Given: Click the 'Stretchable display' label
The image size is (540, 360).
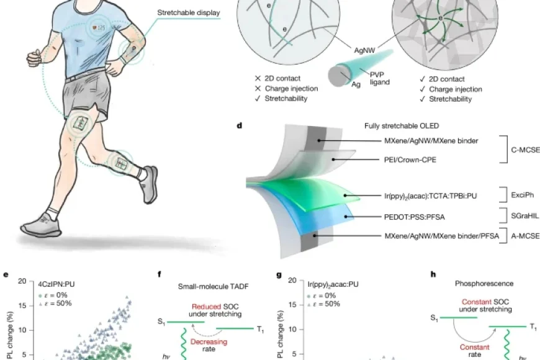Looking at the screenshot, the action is coord(189,13).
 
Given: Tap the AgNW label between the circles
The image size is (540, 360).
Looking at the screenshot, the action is coord(364,50).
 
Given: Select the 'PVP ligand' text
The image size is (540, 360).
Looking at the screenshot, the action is coord(380,78).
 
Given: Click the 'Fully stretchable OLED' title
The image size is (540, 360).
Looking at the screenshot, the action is coord(402,126).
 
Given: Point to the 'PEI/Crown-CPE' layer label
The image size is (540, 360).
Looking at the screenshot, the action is coord(410,160).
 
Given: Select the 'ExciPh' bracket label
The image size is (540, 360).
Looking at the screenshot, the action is coord(522,195).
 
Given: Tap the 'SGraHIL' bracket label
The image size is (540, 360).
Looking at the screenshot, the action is coord(525,216).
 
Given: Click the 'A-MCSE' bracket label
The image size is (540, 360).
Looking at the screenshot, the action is coord(525,236).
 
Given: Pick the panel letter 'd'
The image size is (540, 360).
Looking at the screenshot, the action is coord(240,126).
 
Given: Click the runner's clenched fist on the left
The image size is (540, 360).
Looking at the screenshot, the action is coord(35,58).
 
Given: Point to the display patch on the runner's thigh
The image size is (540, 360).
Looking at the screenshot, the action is coord(81,124).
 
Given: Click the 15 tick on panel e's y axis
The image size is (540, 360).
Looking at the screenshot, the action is coord(22,305).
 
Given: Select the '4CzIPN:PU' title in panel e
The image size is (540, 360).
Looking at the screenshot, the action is coord(56,284).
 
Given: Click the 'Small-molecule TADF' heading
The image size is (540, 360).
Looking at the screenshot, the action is coord(213,286).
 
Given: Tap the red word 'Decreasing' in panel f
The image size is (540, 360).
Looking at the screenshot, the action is coord(209,342).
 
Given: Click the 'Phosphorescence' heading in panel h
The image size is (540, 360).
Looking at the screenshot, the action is coord(484,284).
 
